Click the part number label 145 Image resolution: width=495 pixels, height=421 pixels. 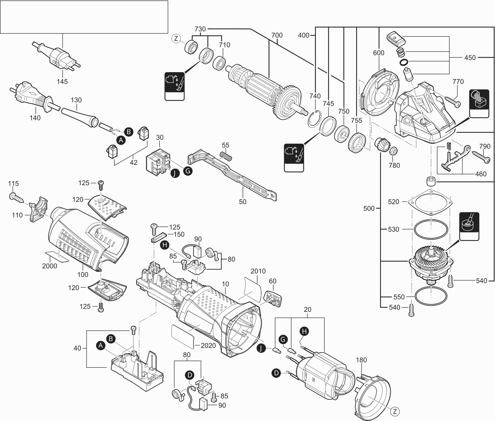[x=62, y=82]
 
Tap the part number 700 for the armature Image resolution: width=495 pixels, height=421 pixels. [x=277, y=36]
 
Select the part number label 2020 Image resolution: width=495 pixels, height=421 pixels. [x=208, y=345]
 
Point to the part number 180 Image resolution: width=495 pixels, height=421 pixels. [x=361, y=360]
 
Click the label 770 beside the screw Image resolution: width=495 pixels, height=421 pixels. [x=458, y=82]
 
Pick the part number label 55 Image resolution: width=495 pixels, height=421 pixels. [x=225, y=145]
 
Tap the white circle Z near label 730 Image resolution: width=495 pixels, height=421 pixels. [x=176, y=38]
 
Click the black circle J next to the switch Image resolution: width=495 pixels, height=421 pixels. [x=175, y=173]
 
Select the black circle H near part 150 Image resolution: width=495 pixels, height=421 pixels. [x=165, y=245]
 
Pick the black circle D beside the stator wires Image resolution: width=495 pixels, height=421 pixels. [x=276, y=372]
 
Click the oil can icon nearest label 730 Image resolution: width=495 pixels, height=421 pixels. [x=175, y=86]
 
